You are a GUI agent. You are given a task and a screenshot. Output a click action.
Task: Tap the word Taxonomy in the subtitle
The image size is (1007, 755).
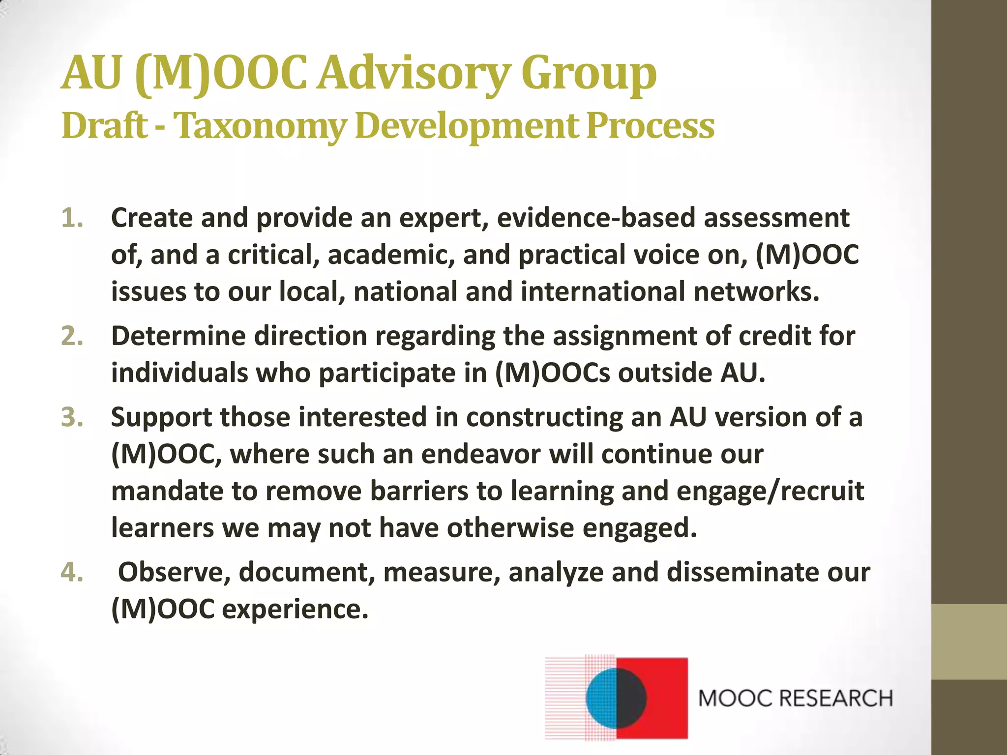click(261, 126)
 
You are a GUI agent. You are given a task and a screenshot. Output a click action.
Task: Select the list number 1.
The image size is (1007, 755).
click(72, 218)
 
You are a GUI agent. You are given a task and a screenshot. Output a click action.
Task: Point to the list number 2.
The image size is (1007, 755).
click(72, 336)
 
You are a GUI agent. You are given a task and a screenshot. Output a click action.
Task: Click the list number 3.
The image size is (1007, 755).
click(72, 417)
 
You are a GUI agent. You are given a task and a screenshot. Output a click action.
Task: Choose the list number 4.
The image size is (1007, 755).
click(72, 572)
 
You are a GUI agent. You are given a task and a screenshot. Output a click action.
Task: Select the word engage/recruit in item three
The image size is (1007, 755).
click(770, 491)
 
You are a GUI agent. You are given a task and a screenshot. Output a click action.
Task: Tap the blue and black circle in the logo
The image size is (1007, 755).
click(616, 698)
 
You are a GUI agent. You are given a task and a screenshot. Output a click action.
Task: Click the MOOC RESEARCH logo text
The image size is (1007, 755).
click(795, 698)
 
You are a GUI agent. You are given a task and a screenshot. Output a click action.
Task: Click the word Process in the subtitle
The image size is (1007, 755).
click(650, 126)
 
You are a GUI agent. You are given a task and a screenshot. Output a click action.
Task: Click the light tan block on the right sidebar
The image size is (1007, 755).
click(969, 642)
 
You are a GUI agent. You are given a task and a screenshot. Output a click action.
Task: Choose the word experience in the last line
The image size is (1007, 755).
click(295, 610)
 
